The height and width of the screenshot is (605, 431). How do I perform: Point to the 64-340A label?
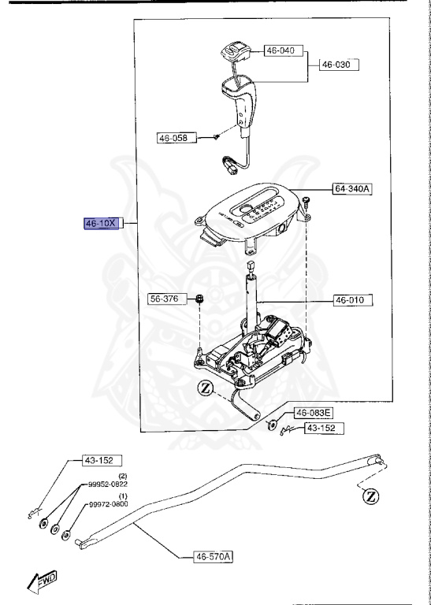(x=351, y=190)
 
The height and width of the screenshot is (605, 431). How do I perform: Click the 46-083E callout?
(x=314, y=413)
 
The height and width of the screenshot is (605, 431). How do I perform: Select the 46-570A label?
(x=214, y=557)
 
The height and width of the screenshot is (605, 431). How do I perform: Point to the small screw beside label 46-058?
(x=214, y=137)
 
